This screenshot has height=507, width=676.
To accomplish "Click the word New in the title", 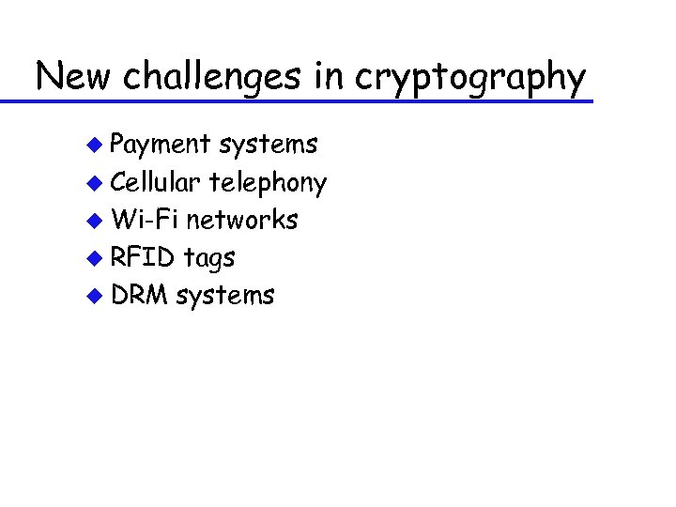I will click(x=72, y=76).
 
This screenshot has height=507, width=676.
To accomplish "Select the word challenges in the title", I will click(x=215, y=76).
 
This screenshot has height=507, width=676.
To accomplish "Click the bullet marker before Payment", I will click(x=93, y=145).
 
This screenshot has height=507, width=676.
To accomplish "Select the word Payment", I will click(x=161, y=145).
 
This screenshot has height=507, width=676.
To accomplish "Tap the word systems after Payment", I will click(x=268, y=145).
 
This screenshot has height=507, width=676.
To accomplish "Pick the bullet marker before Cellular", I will click(x=93, y=182).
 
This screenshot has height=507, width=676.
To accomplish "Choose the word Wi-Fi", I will click(x=145, y=220).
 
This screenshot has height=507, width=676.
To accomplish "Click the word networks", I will click(x=241, y=220).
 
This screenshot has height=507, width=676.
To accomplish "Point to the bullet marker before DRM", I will click(x=93, y=296).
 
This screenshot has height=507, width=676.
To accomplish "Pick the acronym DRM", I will click(x=139, y=295).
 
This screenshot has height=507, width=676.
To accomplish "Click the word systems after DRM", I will click(x=225, y=296).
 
